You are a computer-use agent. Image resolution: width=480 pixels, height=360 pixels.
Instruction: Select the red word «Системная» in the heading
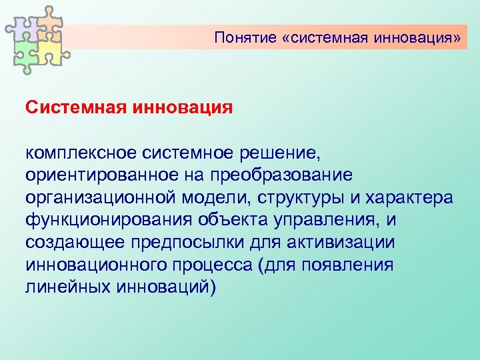(x=73, y=107)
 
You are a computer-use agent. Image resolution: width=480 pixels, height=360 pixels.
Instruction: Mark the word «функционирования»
(x=108, y=220)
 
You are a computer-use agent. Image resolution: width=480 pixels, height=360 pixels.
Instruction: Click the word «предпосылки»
(x=199, y=242)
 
